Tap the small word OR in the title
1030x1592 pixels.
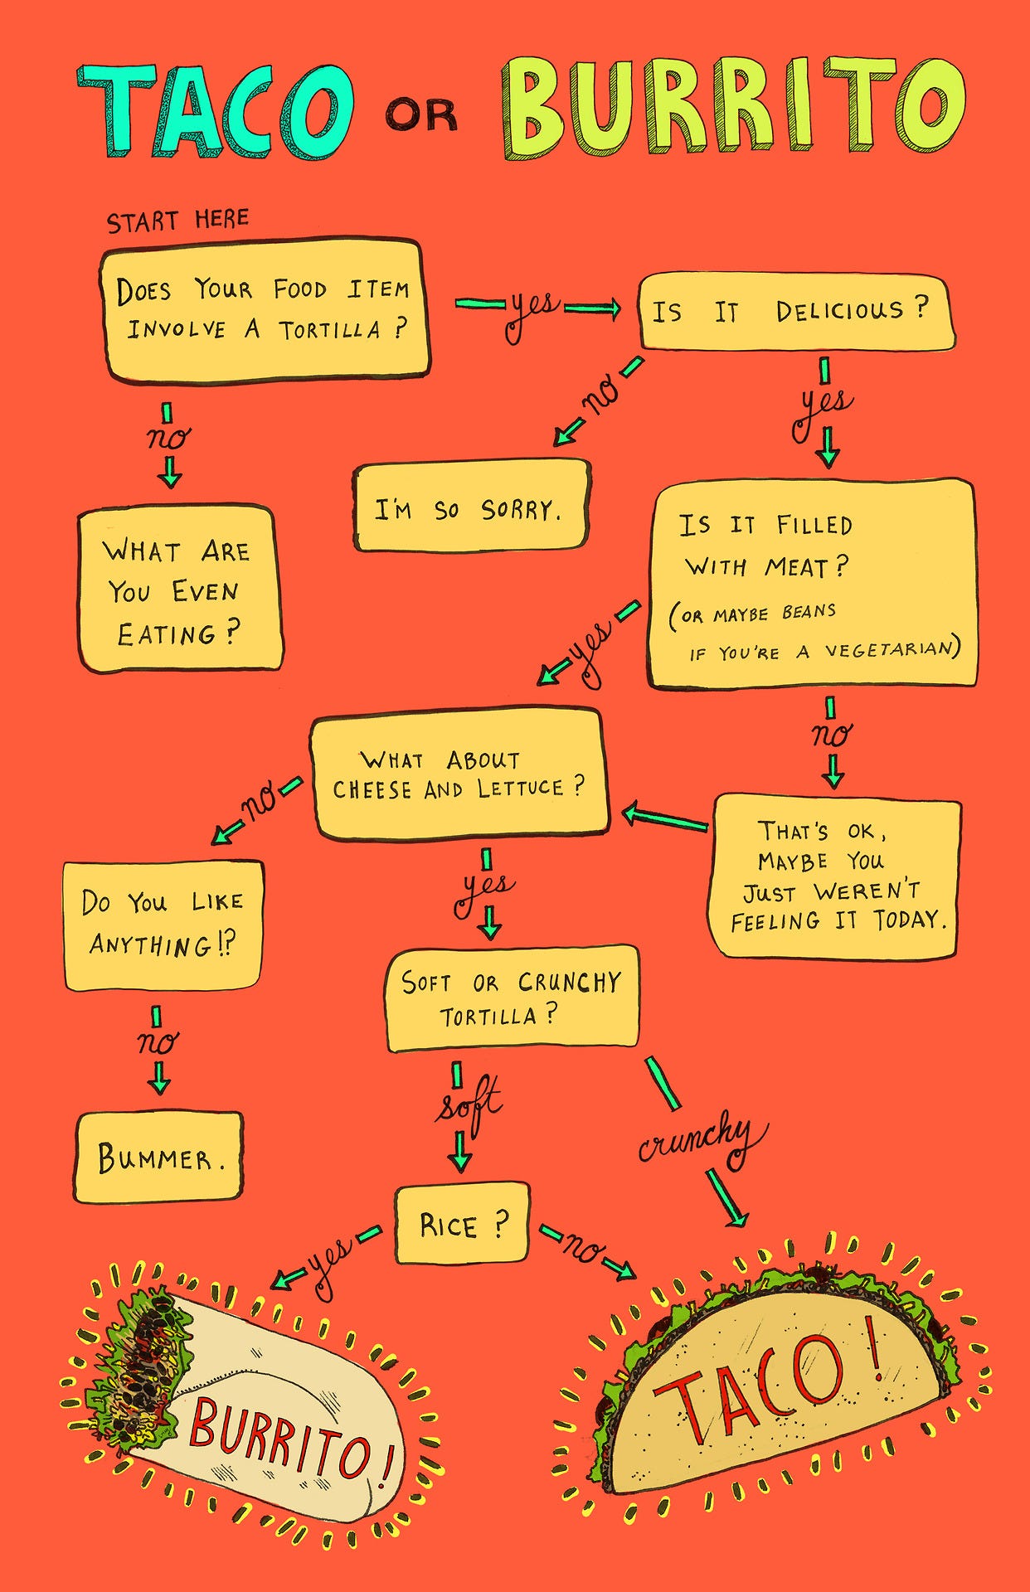pos(421,115)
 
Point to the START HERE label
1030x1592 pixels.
pos(177,221)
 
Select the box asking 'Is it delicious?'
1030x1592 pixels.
pos(794,313)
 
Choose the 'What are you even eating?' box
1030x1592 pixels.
pos(179,589)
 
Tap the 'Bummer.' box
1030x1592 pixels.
pos(158,1158)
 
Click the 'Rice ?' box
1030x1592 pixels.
pos(462,1224)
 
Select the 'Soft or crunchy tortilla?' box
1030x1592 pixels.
pos(512,998)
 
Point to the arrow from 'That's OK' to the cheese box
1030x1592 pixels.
pos(666,818)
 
